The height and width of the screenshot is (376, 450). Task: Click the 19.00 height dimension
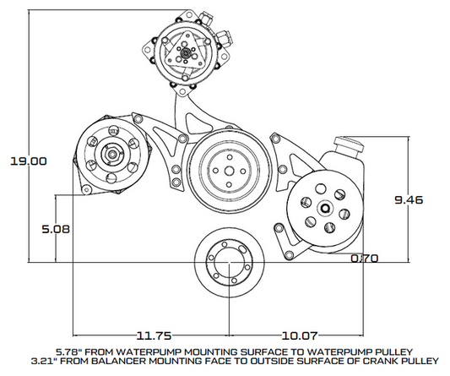[24, 161]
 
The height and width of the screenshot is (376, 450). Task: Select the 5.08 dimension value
[56, 227]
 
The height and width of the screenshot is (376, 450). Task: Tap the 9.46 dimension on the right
[409, 199]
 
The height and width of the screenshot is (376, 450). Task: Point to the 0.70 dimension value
[365, 259]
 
